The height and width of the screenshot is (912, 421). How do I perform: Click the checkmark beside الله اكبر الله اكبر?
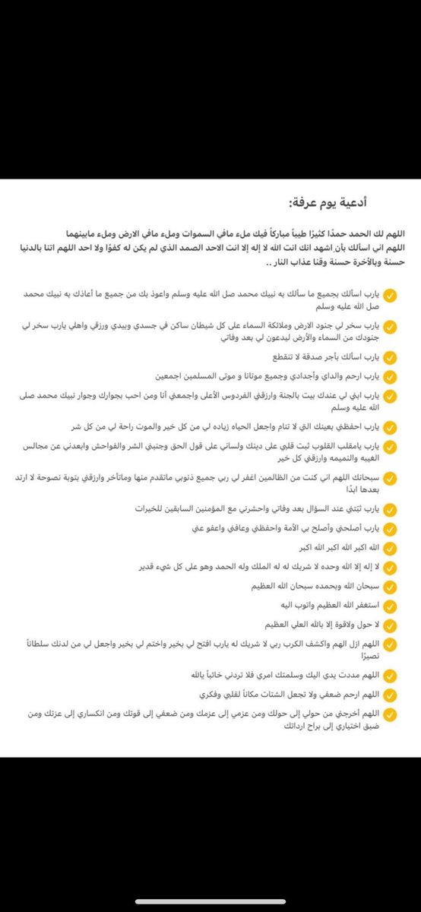(390, 547)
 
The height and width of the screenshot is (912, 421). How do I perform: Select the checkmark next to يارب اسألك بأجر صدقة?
(390, 356)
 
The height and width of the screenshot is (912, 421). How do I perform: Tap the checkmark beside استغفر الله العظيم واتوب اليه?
(390, 606)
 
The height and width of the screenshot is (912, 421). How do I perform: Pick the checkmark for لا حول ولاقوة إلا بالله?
(390, 625)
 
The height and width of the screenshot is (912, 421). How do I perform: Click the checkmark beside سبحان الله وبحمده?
(390, 587)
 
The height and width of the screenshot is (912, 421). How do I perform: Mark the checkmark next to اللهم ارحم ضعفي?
(390, 693)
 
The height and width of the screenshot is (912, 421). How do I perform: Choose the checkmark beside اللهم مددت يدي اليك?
(390, 674)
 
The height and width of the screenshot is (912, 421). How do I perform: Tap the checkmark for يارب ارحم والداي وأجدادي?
(390, 376)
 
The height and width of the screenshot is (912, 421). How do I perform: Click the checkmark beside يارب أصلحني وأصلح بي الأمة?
(390, 527)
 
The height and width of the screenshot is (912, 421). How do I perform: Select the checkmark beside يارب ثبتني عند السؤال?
(390, 508)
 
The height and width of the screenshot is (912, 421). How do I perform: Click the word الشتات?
(274, 693)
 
